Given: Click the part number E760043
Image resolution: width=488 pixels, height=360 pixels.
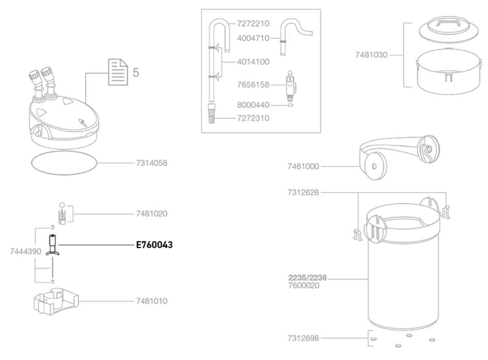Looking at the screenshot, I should click(154, 245).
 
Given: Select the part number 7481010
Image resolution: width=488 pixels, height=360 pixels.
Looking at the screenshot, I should click(151, 301).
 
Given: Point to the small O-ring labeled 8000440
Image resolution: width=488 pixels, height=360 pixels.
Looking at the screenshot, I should click(290, 106).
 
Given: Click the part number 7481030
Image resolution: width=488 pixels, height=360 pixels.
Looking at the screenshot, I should click(372, 54).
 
